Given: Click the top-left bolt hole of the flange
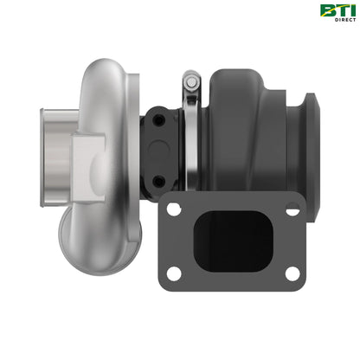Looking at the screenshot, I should click(x=174, y=209).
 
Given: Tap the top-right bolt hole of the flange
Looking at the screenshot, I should click(x=292, y=209).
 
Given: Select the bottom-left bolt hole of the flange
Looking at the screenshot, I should click(x=174, y=274).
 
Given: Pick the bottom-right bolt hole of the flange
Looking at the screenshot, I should click(x=292, y=274).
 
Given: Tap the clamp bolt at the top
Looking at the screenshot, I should click(x=192, y=82).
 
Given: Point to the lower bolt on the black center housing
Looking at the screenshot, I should click(x=158, y=180).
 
